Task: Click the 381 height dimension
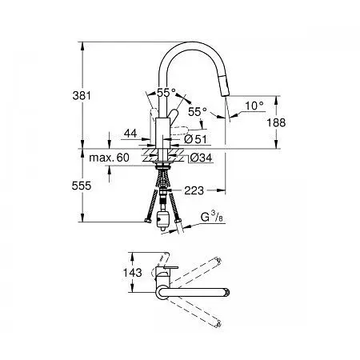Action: pyautogui.click(x=82, y=95)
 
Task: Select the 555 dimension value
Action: pyautogui.click(x=82, y=186)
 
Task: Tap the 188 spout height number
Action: pyautogui.click(x=276, y=122)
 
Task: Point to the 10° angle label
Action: pyautogui.click(x=254, y=106)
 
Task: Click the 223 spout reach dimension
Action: pyautogui.click(x=194, y=190)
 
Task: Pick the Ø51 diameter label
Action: pyautogui.click(x=195, y=139)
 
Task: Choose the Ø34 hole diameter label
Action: pyautogui.click(x=202, y=158)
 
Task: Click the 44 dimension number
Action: pyautogui.click(x=130, y=133)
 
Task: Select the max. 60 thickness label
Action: pyautogui.click(x=109, y=158)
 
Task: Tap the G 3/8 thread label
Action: pyautogui.click(x=212, y=217)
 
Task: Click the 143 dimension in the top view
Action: pyautogui.click(x=132, y=272)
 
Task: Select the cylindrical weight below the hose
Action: pyautogui.click(x=162, y=220)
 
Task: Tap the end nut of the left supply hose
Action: pyautogui.click(x=146, y=221)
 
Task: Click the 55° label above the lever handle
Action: pyautogui.click(x=166, y=93)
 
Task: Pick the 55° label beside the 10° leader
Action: pyautogui.click(x=198, y=112)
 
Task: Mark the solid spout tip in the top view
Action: pyautogui.click(x=227, y=292)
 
